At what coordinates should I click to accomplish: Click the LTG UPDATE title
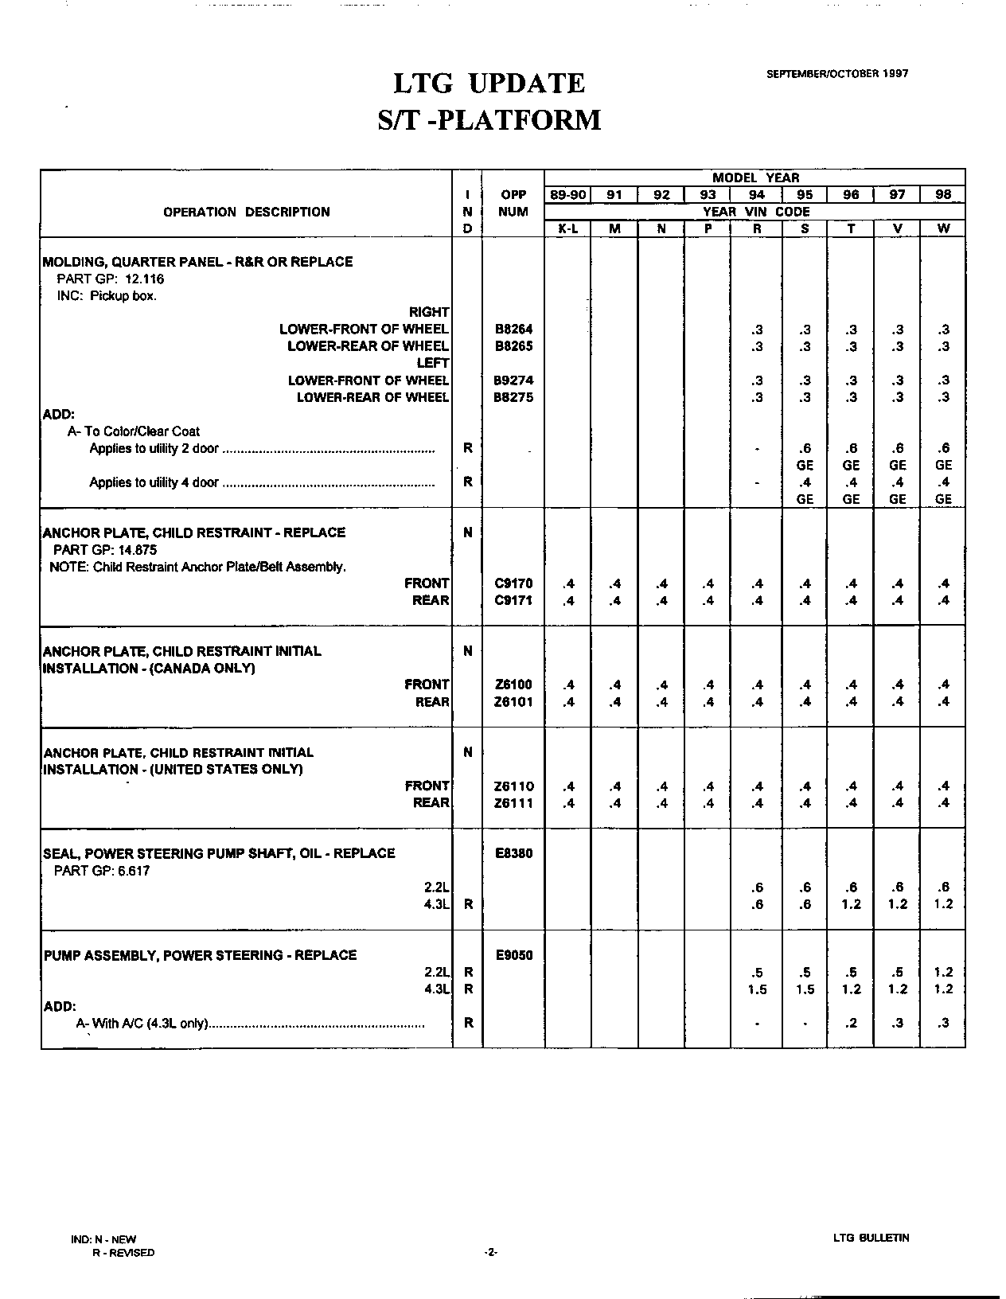[489, 84]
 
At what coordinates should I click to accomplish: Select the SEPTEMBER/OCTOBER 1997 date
[837, 73]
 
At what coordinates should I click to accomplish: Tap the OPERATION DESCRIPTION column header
[246, 212]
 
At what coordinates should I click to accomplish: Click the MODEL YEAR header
[755, 177]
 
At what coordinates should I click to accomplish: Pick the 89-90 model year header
[567, 195]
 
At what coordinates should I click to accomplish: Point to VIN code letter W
[943, 228]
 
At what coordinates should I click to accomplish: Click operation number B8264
[513, 330]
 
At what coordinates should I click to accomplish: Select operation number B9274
[513, 380]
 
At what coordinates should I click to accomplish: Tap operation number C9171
[513, 600]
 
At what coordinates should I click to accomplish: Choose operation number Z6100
[513, 685]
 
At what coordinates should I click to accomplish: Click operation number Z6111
[513, 803]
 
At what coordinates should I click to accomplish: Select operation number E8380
[513, 853]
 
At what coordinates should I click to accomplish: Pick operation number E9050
[513, 955]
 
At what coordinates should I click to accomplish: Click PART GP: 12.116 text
[110, 279]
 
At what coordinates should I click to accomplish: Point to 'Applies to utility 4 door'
[154, 482]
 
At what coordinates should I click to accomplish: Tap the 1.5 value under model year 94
[757, 989]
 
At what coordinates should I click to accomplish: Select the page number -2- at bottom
[490, 1253]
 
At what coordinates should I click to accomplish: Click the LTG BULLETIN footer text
[871, 1238]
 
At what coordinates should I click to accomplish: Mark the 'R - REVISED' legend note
[123, 1253]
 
